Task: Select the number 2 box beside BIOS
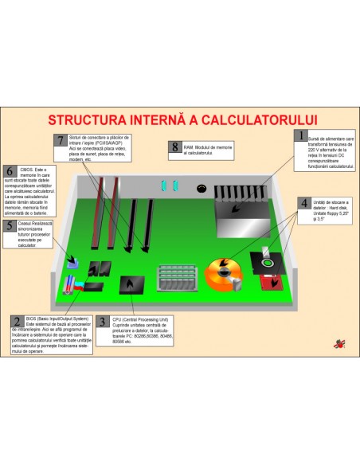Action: tap(17, 321)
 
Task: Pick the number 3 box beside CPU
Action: tap(104, 322)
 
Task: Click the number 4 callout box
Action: tap(303, 203)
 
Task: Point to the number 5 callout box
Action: tap(10, 225)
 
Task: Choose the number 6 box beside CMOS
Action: tap(10, 170)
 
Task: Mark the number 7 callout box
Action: tap(60, 140)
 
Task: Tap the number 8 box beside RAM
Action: tap(175, 147)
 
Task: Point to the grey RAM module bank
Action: tap(175, 278)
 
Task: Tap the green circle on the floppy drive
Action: tap(268, 260)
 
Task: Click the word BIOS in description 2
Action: tap(33, 317)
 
